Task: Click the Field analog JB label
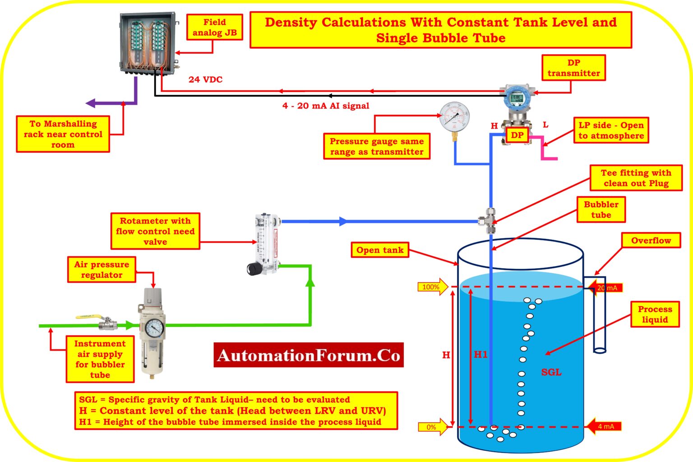pyautogui.click(x=214, y=28)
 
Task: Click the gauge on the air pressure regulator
pyautogui.click(x=155, y=327)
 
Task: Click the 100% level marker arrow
pyautogui.click(x=433, y=287)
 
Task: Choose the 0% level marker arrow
pyautogui.click(x=433, y=427)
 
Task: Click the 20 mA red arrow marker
pyautogui.click(x=605, y=288)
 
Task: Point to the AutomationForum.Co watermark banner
pyautogui.click(x=308, y=355)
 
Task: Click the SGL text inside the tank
pyautogui.click(x=551, y=372)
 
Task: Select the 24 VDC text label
pyautogui.click(x=205, y=79)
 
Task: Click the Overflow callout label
pyautogui.click(x=651, y=241)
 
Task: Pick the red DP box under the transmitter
pyautogui.click(x=517, y=135)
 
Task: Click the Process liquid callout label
pyautogui.click(x=655, y=314)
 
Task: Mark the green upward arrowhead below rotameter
pyautogui.click(x=310, y=283)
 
